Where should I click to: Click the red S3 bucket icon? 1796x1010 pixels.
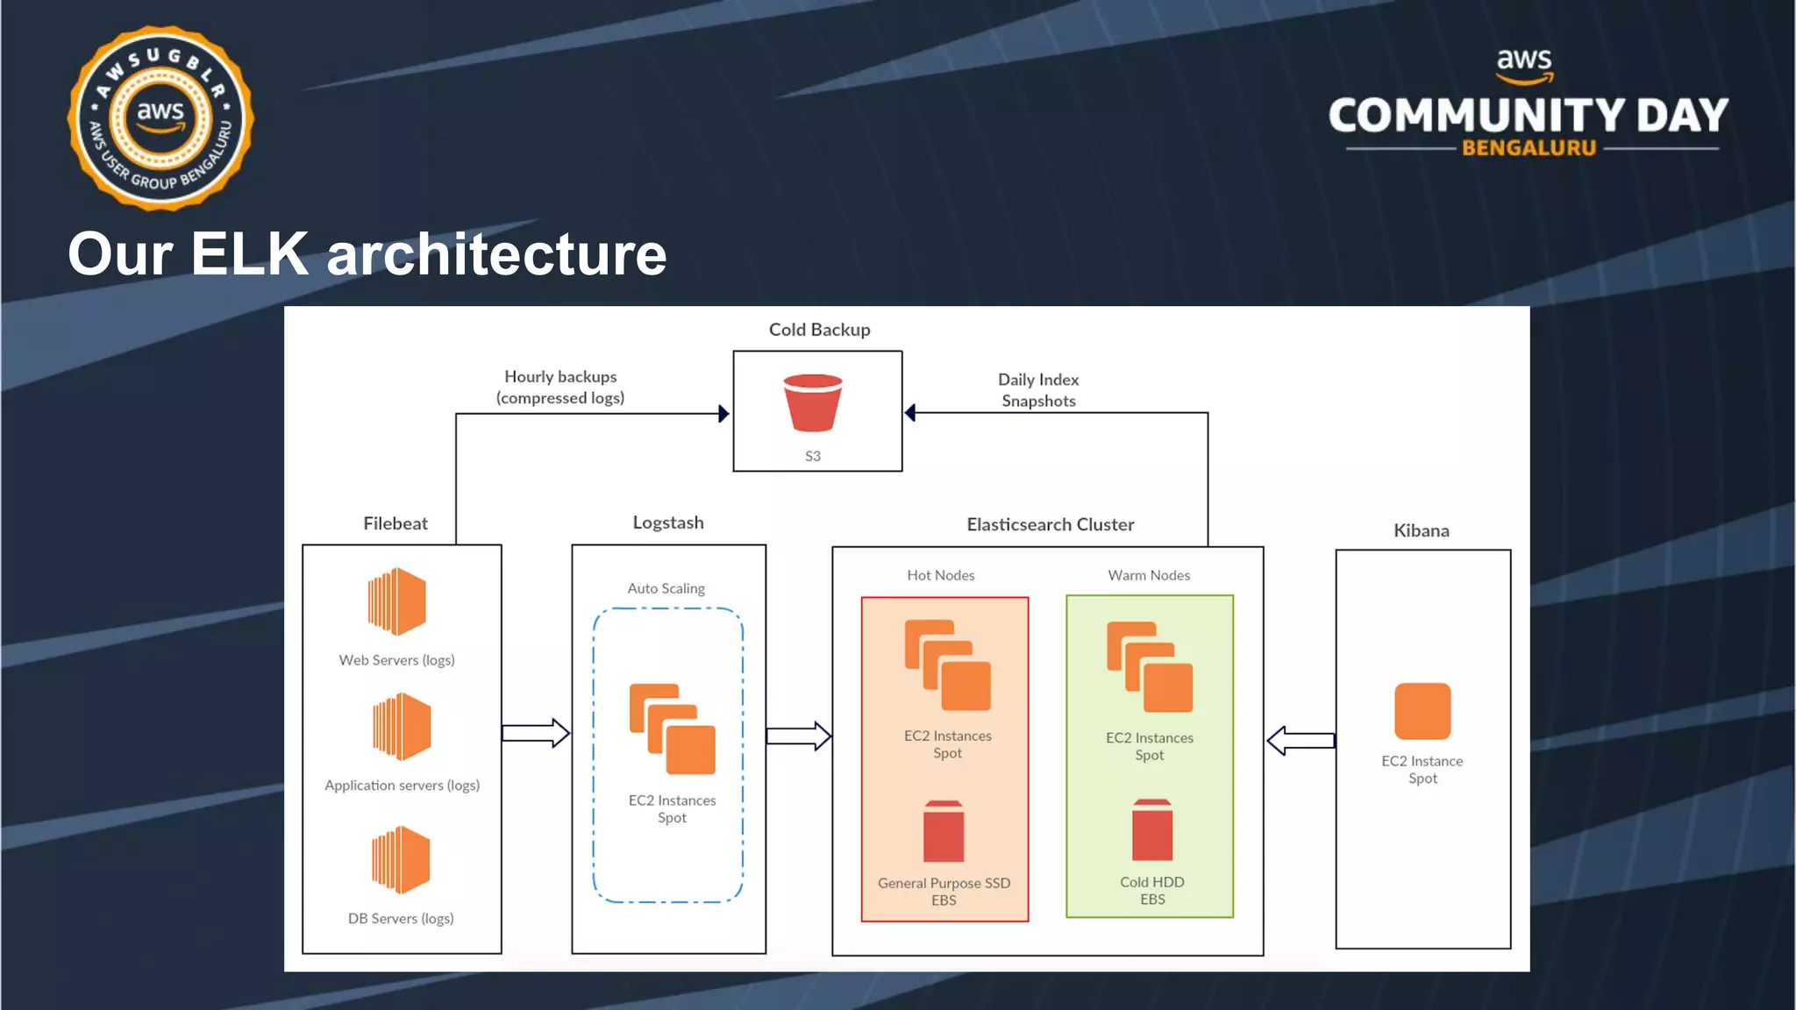click(x=812, y=402)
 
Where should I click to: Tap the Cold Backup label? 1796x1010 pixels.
click(x=819, y=330)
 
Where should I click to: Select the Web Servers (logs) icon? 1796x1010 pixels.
click(x=397, y=601)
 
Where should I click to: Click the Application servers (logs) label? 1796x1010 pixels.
click(x=402, y=786)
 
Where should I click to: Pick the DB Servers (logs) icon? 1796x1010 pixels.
click(x=401, y=860)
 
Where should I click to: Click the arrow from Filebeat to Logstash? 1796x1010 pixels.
click(x=536, y=733)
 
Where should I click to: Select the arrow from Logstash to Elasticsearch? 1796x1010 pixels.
click(x=799, y=736)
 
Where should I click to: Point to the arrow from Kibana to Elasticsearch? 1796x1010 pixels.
click(x=1301, y=741)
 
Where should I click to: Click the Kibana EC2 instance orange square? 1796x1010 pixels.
click(x=1422, y=711)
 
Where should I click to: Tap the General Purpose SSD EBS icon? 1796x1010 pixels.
click(x=944, y=832)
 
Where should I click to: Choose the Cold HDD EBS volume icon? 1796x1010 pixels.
click(x=1151, y=830)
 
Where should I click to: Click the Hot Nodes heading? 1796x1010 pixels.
click(x=940, y=575)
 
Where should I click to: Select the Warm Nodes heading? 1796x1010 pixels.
click(x=1149, y=575)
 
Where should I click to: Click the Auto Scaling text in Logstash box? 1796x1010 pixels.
click(x=666, y=588)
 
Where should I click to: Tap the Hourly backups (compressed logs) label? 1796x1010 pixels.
click(x=560, y=387)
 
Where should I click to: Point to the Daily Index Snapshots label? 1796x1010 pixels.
click(x=1038, y=390)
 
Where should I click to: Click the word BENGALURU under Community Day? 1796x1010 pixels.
click(x=1529, y=148)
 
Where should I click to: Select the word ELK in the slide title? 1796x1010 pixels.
click(x=249, y=254)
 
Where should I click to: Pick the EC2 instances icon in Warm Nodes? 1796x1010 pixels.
click(x=1150, y=667)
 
